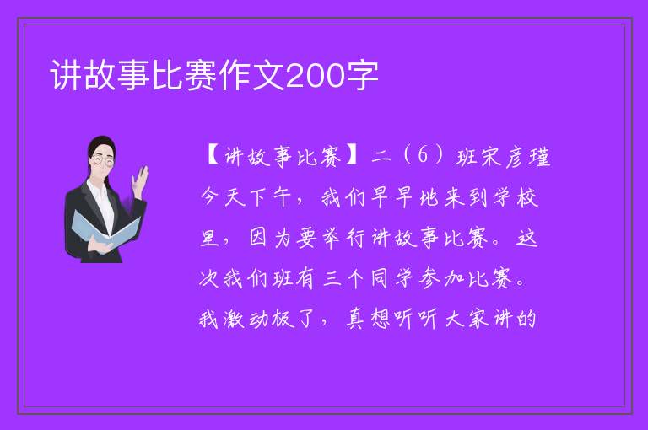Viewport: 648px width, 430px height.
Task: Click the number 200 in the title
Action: pyautogui.click(x=315, y=76)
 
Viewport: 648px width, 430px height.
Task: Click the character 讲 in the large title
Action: pyautogui.click(x=66, y=76)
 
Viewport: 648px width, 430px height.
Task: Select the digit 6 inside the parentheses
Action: pyautogui.click(x=423, y=156)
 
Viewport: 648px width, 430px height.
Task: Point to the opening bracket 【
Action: pyautogui.click(x=213, y=157)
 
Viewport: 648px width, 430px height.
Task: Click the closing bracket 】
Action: pyautogui.click(x=352, y=157)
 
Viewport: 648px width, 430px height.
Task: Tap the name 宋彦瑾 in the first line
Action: pyautogui.click(x=515, y=157)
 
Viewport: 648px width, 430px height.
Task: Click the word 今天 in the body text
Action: pyautogui.click(x=223, y=197)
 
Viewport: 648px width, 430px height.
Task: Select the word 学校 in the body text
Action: pyautogui.click(x=516, y=197)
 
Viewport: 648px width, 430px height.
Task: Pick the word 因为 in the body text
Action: pyautogui.click(x=271, y=238)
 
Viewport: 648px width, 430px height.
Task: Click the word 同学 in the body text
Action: pyautogui.click(x=391, y=278)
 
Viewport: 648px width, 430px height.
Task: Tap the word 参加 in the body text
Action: pyautogui.click(x=441, y=278)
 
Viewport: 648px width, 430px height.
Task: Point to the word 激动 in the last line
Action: pyautogui.click(x=247, y=319)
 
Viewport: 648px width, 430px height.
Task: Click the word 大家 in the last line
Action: pyautogui.click(x=466, y=319)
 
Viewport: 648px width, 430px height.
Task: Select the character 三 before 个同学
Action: pyautogui.click(x=332, y=278)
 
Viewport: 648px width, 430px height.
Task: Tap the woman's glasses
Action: pyautogui.click(x=102, y=161)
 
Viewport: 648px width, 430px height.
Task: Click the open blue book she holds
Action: pyautogui.click(x=103, y=230)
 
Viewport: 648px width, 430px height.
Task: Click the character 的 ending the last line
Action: pyautogui.click(x=526, y=319)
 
